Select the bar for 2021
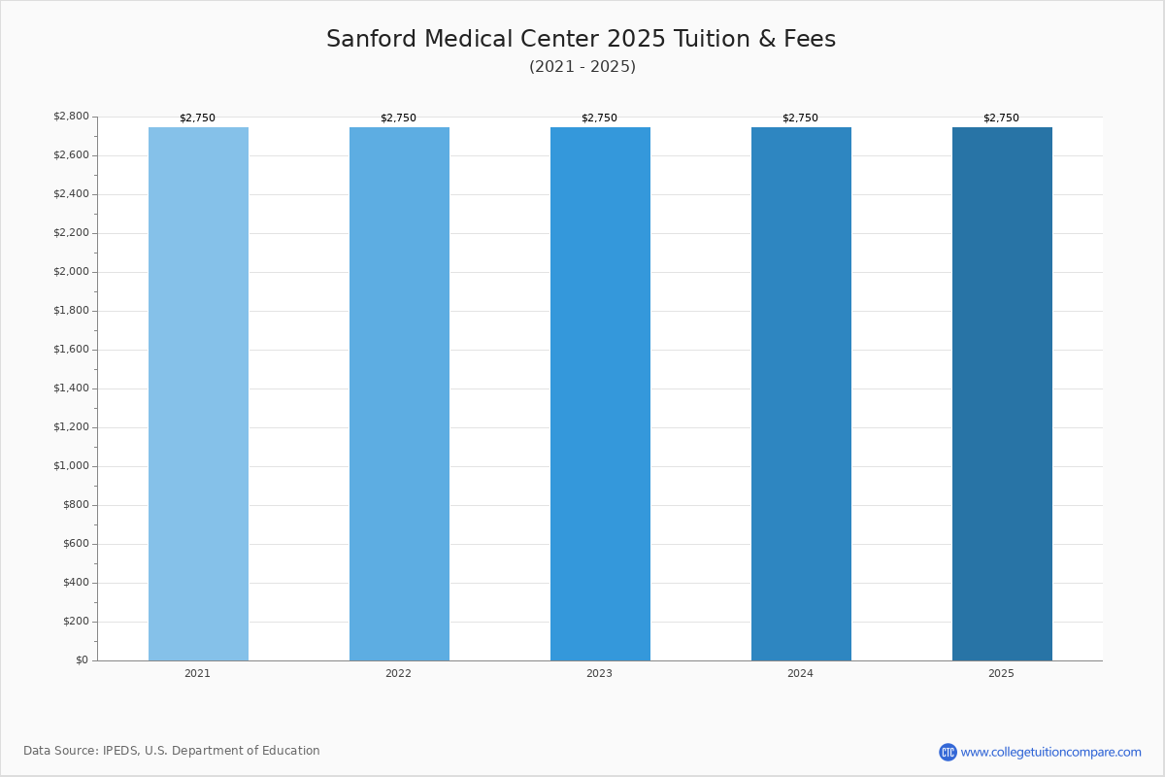[x=198, y=394]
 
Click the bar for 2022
[x=399, y=394]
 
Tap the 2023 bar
[x=600, y=394]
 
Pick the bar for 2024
[x=802, y=394]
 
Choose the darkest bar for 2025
[x=1002, y=394]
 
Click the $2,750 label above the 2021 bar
[x=198, y=118]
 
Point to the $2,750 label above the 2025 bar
[x=1001, y=118]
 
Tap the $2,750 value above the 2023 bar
[x=599, y=118]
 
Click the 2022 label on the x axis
[x=398, y=673]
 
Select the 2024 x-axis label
[x=800, y=673]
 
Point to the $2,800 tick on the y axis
[x=71, y=116]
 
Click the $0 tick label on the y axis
[x=83, y=660]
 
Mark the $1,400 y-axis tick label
[x=71, y=388]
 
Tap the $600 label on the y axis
[x=76, y=544]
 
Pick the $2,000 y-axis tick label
[x=71, y=272]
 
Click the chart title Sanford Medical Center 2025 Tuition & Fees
[x=581, y=39]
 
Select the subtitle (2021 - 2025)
[x=582, y=67]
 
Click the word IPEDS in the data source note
[x=120, y=751]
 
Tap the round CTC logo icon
[x=949, y=752]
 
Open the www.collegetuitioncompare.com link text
[x=1051, y=753]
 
